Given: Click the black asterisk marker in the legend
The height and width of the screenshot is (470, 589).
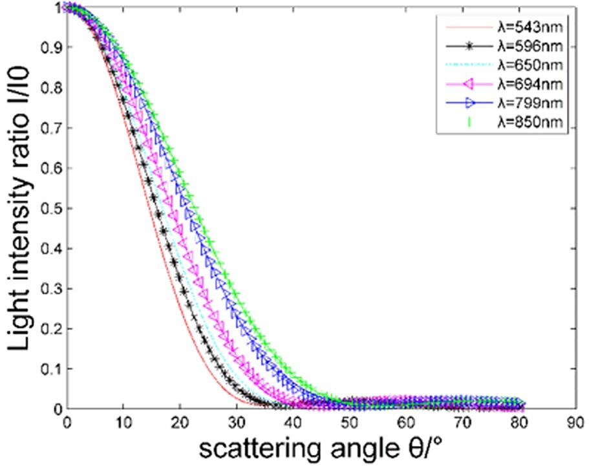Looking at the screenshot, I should pos(464,47).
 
